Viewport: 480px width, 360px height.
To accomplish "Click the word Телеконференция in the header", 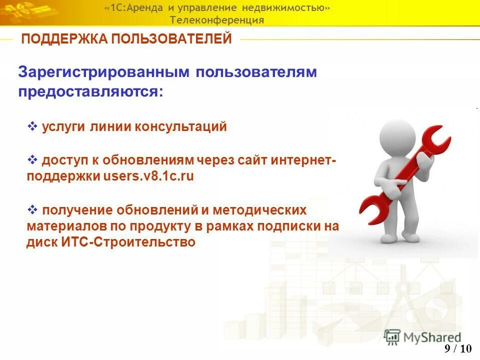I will click(216, 20).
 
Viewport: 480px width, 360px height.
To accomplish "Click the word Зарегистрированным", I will click(103, 72).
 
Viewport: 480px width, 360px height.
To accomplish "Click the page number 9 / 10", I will click(457, 349).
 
